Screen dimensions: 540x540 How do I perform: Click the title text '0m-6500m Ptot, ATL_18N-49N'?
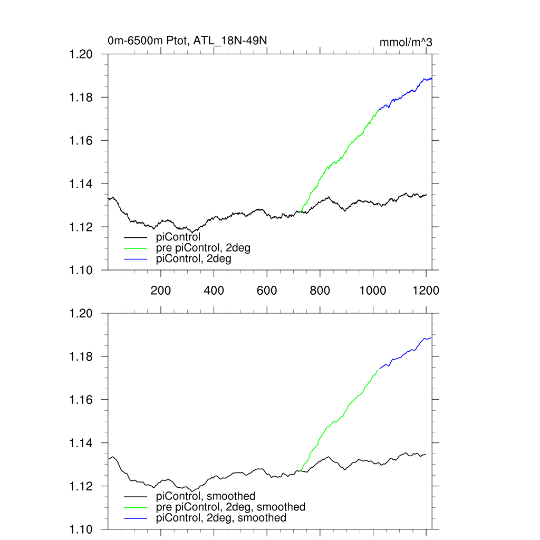point(190,41)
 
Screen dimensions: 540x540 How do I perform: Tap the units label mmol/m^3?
point(406,42)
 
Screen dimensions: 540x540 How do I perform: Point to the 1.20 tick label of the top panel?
point(81,54)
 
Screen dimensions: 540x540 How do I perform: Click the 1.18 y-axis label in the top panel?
point(81,98)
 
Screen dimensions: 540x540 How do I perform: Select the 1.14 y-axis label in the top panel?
point(81,184)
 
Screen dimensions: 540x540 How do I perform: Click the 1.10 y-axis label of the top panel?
point(81,270)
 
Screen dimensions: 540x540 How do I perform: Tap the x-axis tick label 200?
point(160,290)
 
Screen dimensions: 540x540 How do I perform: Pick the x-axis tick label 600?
point(267,290)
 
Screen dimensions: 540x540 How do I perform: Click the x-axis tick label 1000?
point(373,290)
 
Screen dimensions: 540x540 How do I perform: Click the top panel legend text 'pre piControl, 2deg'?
point(204,248)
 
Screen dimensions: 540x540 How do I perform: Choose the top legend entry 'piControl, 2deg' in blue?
point(194,259)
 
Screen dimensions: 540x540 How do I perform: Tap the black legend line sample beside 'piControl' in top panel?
point(136,237)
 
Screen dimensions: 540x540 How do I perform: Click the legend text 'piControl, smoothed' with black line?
point(206,496)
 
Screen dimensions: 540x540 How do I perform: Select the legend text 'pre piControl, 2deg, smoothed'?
point(231,507)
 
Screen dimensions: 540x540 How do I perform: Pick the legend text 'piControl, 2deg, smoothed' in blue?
point(221,518)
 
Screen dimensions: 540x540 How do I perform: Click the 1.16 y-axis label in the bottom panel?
point(81,400)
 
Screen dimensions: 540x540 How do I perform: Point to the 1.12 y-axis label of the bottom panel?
point(81,486)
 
